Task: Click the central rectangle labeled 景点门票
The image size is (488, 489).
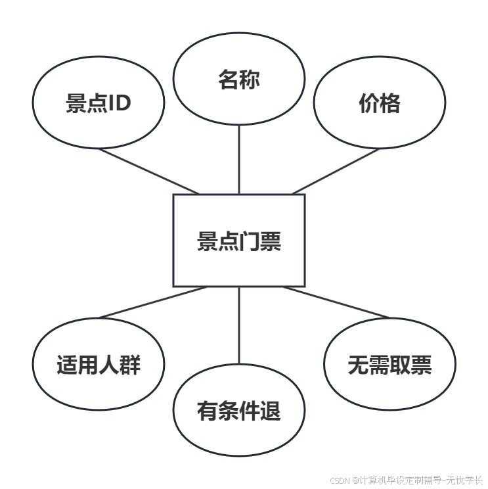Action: (x=239, y=241)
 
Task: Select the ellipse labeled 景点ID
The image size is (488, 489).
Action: (x=99, y=103)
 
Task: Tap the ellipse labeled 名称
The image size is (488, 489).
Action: (x=239, y=80)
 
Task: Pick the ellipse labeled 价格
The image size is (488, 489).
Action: (x=380, y=103)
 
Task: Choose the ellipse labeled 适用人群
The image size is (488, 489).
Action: (x=99, y=364)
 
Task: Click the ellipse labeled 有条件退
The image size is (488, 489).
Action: (x=239, y=411)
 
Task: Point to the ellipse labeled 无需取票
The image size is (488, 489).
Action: (x=389, y=365)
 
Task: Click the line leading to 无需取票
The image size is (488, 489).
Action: (x=336, y=302)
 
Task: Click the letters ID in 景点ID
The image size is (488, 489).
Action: (x=120, y=103)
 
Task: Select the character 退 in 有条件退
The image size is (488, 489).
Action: (x=271, y=411)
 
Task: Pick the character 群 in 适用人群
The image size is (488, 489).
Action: (x=130, y=365)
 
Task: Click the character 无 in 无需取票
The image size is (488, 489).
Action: (x=358, y=365)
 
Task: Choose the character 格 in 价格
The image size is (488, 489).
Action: (x=390, y=103)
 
